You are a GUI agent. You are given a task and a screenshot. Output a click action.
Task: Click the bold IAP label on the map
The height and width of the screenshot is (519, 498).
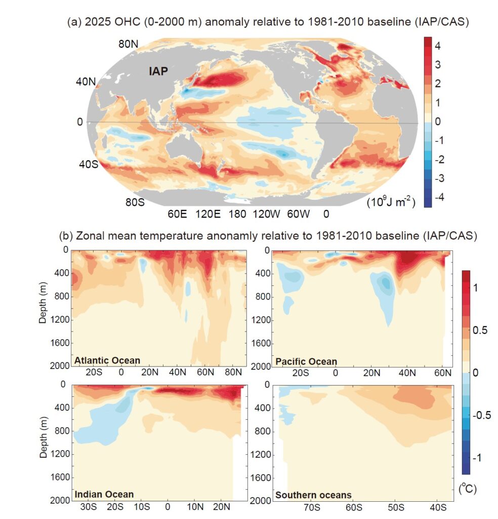158,71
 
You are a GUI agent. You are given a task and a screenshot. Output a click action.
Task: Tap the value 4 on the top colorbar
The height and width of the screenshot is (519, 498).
436,46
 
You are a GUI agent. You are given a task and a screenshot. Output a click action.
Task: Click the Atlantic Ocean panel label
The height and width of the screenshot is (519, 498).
107,361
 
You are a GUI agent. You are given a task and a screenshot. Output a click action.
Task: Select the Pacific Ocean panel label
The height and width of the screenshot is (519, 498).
306,361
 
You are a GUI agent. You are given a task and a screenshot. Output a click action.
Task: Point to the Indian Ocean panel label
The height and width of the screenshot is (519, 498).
104,494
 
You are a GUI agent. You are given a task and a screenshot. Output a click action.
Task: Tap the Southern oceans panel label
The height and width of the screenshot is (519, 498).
312,495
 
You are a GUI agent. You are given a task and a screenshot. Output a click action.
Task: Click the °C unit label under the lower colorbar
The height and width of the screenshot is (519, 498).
468,489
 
